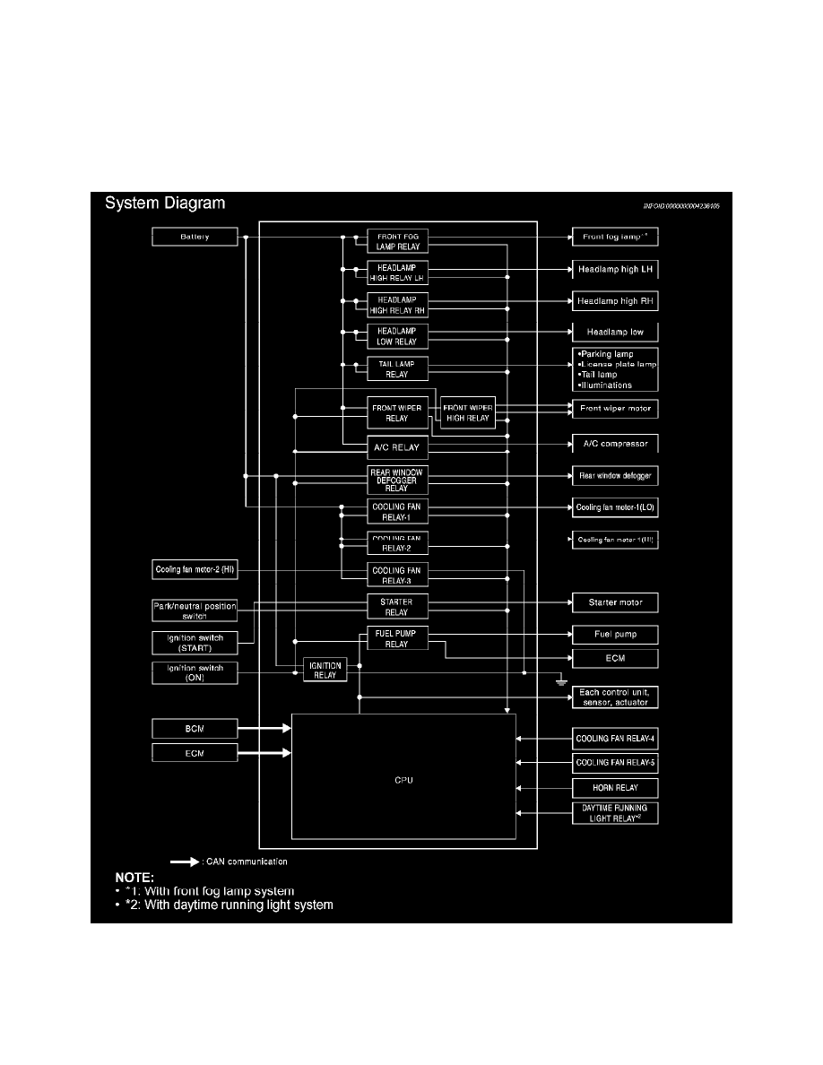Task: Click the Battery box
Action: tap(195, 238)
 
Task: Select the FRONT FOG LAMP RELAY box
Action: tap(397, 239)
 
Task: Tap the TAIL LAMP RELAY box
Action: tap(397, 368)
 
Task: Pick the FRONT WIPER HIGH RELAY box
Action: tap(467, 412)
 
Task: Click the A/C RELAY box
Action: tap(397, 446)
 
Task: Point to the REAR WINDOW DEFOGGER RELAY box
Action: tap(397, 480)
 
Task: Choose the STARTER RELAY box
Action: tap(397, 607)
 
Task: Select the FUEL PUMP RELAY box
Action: tap(397, 638)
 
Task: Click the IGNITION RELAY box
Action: tap(325, 670)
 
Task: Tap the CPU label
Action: tap(403, 780)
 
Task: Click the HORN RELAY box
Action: tap(616, 789)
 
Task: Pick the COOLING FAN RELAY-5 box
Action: tap(616, 764)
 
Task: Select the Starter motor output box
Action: tap(616, 602)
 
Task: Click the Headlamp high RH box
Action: tap(616, 301)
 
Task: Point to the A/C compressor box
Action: tap(616, 443)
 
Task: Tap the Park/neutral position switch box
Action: tap(195, 611)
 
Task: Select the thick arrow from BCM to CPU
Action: tap(264, 728)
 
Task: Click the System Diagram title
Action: tap(165, 203)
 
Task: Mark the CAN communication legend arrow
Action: tap(185, 862)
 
